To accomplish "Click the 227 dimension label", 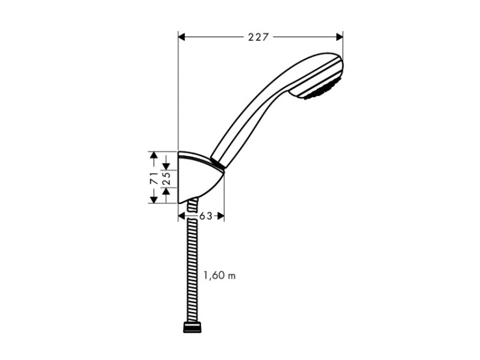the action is click(x=258, y=37).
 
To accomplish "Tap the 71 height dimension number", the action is click(x=154, y=178).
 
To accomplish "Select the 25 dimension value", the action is click(x=166, y=178).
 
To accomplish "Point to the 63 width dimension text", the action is click(x=205, y=216).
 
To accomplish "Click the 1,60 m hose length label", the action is click(x=220, y=276).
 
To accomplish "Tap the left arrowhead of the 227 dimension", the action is click(x=182, y=37).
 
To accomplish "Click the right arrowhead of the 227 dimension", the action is click(x=339, y=37).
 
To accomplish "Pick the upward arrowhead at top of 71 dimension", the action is click(x=154, y=155).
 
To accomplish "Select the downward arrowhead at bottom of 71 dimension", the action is click(x=154, y=200).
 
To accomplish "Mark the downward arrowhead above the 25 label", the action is click(x=166, y=166).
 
